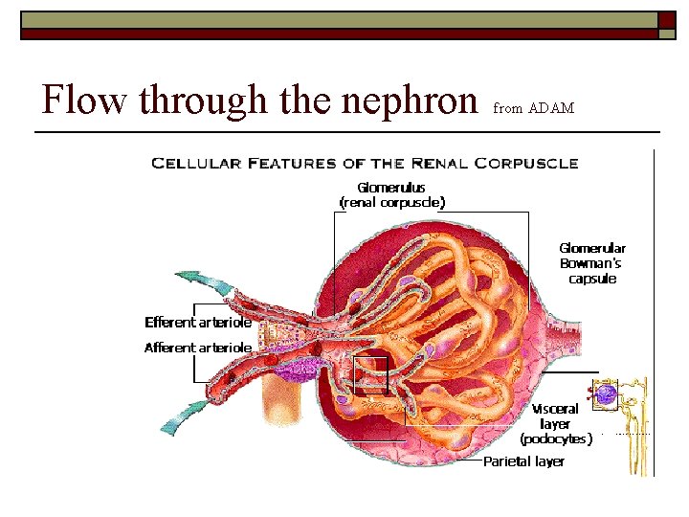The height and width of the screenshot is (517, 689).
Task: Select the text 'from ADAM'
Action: click(533, 108)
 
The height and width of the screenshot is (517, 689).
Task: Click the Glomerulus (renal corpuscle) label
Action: click(391, 195)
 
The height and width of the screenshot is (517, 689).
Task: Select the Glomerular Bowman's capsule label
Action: click(592, 263)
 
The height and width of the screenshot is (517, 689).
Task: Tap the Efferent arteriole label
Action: click(198, 323)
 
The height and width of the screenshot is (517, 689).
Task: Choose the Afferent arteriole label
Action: click(198, 348)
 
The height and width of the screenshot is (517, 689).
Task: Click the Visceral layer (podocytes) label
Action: click(555, 424)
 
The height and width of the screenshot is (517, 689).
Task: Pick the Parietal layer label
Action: click(523, 461)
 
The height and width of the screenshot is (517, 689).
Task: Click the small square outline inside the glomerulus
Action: click(369, 375)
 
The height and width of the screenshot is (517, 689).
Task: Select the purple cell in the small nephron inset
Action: click(606, 393)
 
